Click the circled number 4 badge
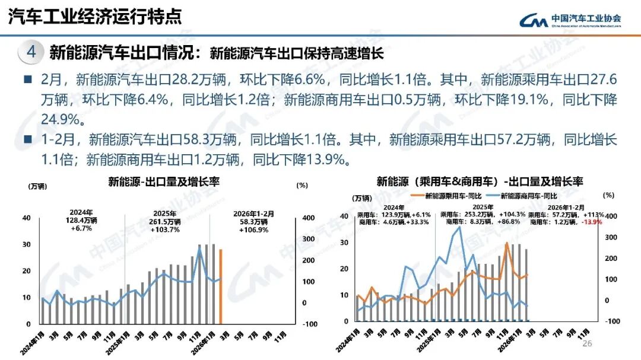(x=31, y=52)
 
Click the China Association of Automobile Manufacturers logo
(x=570, y=20)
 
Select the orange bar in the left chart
(x=221, y=286)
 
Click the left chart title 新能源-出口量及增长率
(x=164, y=181)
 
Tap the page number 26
(x=588, y=344)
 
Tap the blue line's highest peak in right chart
(x=459, y=227)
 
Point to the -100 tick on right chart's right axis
(x=610, y=321)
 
